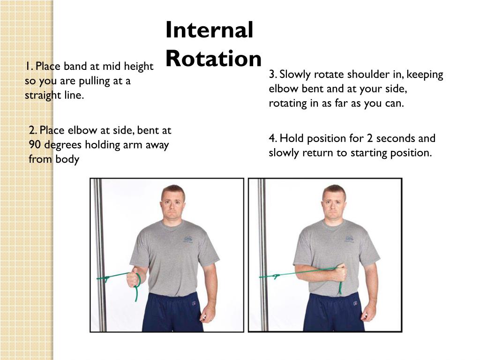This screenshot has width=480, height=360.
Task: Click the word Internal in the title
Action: click(x=210, y=30)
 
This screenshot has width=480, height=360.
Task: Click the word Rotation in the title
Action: click(x=214, y=58)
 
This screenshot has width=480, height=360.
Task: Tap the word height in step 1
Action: click(x=138, y=67)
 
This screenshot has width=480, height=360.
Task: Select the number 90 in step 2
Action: click(x=35, y=144)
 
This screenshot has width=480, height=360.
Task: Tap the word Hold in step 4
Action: click(x=292, y=138)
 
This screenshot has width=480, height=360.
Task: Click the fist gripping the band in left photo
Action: click(x=133, y=277)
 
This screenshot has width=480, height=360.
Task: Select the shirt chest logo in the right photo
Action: click(x=349, y=239)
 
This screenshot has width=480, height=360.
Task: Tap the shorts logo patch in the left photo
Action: click(x=194, y=303)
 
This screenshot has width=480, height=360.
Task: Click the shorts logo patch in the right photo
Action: click(x=355, y=303)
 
